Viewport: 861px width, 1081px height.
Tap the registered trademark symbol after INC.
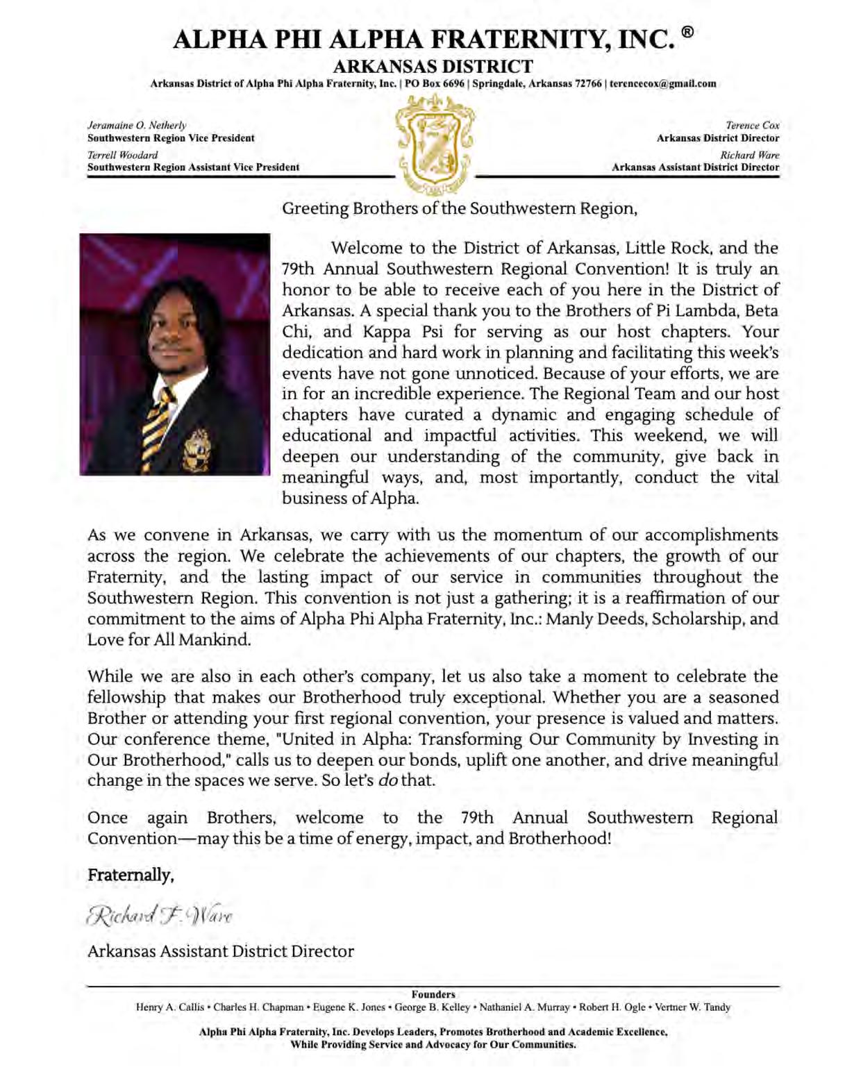pos(687,32)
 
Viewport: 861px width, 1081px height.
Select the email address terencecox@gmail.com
pos(663,84)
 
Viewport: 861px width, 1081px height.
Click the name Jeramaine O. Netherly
pos(137,126)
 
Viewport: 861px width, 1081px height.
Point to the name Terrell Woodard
pos(122,155)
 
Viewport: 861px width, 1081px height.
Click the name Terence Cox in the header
pos(752,126)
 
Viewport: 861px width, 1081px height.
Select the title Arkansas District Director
pos(718,138)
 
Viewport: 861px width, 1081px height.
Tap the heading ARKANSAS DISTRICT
pos(433,67)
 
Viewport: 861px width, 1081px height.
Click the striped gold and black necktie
pos(158,423)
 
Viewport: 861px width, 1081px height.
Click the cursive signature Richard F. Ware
pos(160,916)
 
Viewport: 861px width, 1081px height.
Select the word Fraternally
pos(130,875)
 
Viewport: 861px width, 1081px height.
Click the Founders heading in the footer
pos(433,994)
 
